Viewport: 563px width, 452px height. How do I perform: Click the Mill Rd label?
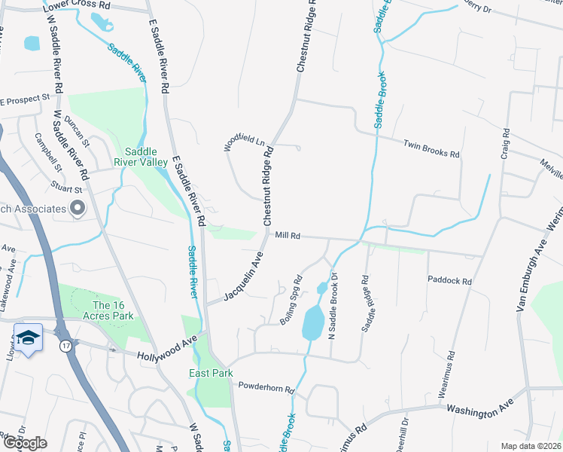[x=288, y=236]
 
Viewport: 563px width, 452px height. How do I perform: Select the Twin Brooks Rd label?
[x=431, y=148]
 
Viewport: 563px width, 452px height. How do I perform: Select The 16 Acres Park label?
[x=113, y=310]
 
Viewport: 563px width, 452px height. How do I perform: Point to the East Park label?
[x=211, y=373]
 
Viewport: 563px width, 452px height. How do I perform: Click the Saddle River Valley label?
[x=141, y=156]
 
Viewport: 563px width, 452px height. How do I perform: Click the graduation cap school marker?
[x=28, y=338]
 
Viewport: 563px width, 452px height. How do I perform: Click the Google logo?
[x=25, y=443]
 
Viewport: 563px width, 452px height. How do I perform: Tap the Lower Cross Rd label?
[x=77, y=5]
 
